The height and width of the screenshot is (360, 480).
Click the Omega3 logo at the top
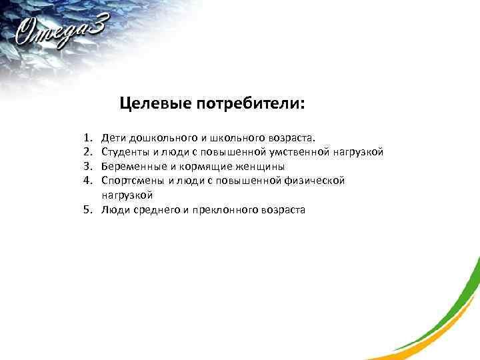[63, 31]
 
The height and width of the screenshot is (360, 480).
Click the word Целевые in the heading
[155, 104]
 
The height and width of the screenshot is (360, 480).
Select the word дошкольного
[159, 138]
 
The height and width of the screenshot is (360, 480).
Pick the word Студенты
[124, 152]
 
